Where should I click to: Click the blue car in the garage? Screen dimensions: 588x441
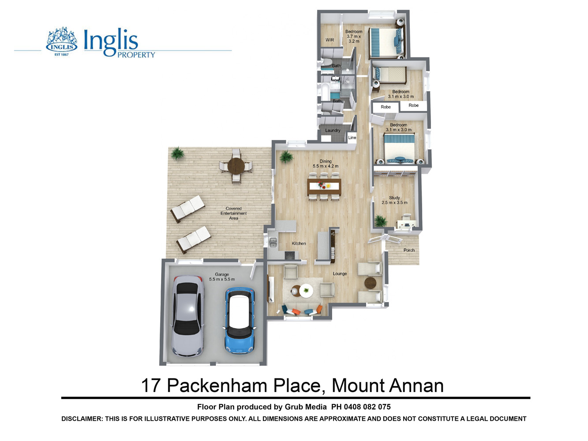pyautogui.click(x=240, y=321)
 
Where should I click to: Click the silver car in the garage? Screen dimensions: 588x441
pyautogui.click(x=188, y=316)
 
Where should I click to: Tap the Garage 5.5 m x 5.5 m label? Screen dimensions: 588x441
pyautogui.click(x=222, y=277)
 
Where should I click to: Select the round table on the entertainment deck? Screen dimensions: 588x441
pyautogui.click(x=236, y=166)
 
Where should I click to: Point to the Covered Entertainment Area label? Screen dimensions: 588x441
pyautogui.click(x=233, y=213)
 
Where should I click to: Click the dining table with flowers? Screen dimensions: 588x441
pyautogui.click(x=324, y=186)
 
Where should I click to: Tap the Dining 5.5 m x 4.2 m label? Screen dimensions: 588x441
pyautogui.click(x=326, y=164)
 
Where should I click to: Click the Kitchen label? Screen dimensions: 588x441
pyautogui.click(x=299, y=243)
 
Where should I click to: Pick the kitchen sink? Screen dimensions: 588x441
pyautogui.click(x=273, y=243)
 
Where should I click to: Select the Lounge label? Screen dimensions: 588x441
pyautogui.click(x=340, y=274)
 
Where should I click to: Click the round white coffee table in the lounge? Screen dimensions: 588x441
pyautogui.click(x=306, y=291)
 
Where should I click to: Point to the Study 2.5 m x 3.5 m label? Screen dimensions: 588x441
pyautogui.click(x=394, y=200)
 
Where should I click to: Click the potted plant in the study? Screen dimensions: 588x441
pyautogui.click(x=380, y=221)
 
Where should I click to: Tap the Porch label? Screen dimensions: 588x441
pyautogui.click(x=409, y=250)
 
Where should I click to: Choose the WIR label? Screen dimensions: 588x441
pyautogui.click(x=330, y=40)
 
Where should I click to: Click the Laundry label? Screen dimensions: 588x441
pyautogui.click(x=333, y=131)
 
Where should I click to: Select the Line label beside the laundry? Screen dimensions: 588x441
pyautogui.click(x=352, y=137)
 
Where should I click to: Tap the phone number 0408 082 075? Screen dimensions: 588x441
pyautogui.click(x=367, y=407)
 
